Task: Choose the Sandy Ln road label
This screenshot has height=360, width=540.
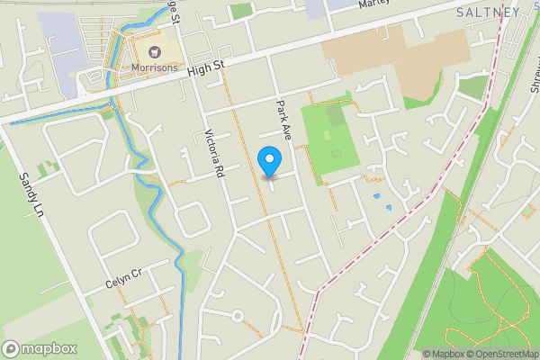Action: [32, 195]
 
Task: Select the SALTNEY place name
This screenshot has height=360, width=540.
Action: [488, 12]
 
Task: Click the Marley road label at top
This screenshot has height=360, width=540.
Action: [377, 4]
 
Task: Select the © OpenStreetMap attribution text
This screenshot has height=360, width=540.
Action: [501, 354]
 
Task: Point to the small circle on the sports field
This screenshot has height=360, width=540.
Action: [337, 153]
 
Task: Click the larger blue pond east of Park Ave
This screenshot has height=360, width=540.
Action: [376, 195]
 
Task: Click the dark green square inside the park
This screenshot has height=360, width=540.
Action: [334, 115]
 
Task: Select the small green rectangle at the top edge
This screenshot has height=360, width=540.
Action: [239, 11]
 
